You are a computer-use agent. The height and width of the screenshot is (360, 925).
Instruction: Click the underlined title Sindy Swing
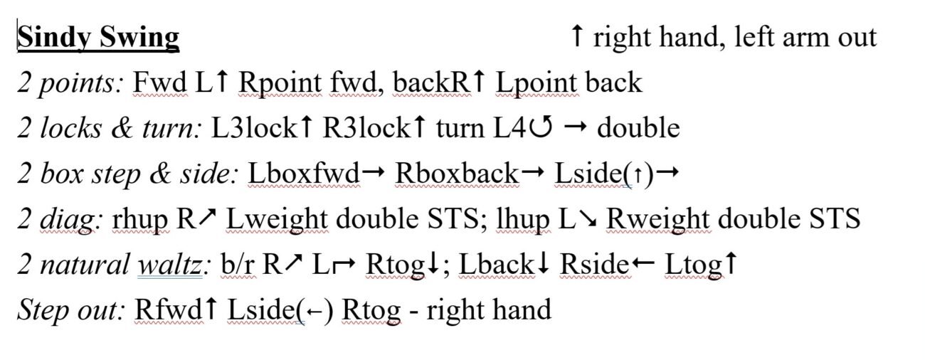(98, 37)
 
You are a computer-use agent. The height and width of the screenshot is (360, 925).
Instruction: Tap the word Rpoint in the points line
(280, 83)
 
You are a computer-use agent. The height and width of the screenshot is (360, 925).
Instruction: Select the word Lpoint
(536, 83)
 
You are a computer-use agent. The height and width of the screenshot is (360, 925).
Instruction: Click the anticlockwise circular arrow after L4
(541, 127)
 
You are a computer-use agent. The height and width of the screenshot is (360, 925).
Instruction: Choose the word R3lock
(366, 127)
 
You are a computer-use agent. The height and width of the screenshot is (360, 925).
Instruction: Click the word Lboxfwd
(304, 174)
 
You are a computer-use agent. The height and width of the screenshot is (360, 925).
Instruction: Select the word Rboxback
(456, 174)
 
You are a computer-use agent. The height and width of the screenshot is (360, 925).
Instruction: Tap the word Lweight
(277, 220)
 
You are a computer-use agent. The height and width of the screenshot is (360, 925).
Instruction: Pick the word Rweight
(658, 220)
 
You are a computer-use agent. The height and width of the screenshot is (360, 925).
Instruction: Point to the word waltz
(170, 265)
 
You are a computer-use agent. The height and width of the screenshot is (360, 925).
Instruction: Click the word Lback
(496, 265)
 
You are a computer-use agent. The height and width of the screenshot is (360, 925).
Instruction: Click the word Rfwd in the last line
(168, 309)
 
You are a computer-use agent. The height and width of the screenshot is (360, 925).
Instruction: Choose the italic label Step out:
(70, 310)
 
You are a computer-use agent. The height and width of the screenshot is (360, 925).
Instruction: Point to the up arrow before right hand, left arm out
(577, 36)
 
